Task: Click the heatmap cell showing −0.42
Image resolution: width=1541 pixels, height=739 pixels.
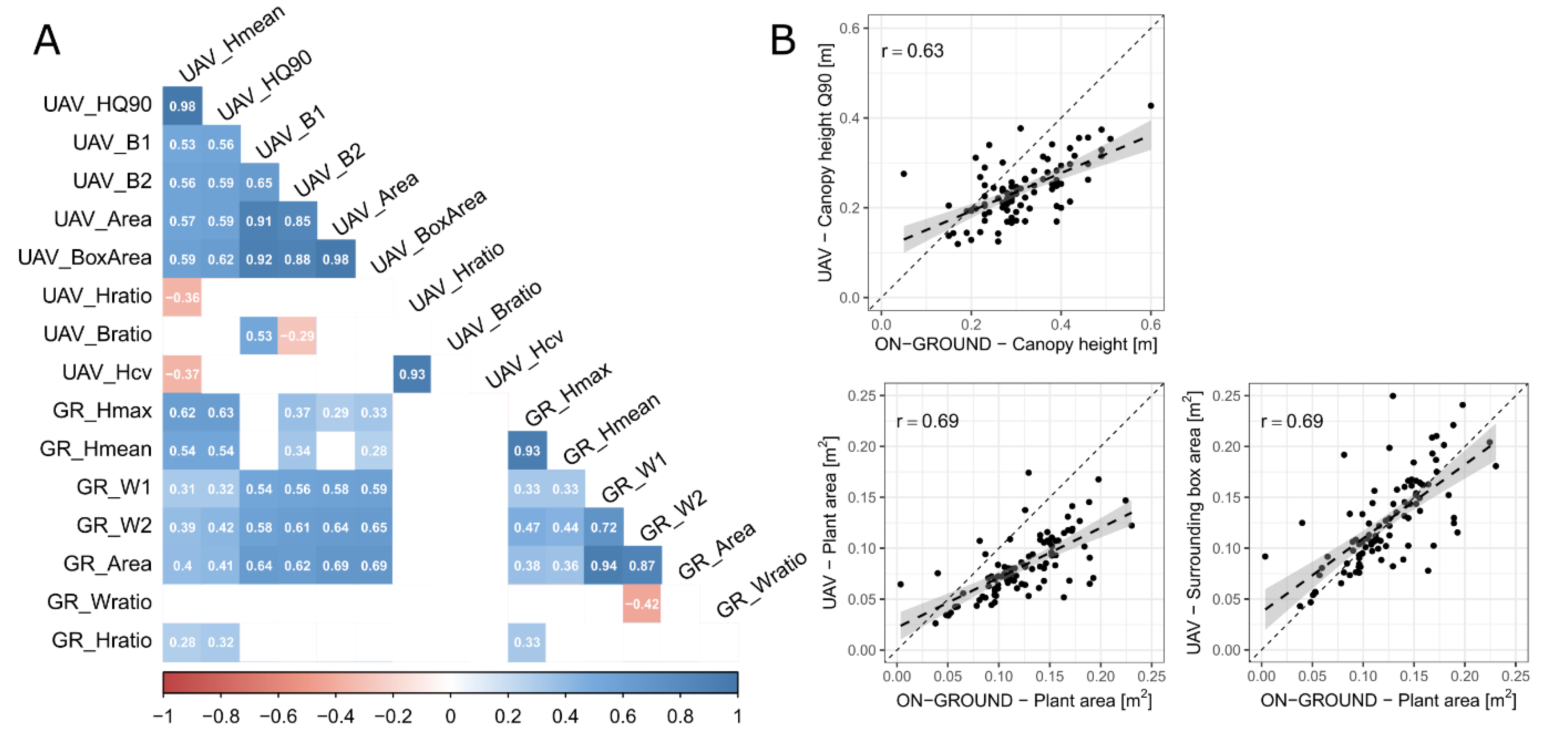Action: click(642, 604)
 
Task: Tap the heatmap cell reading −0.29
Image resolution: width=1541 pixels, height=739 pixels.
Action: click(297, 336)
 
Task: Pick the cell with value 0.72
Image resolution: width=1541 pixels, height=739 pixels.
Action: click(604, 527)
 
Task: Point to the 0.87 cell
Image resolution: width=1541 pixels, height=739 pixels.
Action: click(642, 566)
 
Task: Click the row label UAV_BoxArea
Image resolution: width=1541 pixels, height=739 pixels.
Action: click(85, 258)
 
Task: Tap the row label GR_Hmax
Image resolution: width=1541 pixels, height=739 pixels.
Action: click(102, 411)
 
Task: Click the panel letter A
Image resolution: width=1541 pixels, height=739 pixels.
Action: click(47, 41)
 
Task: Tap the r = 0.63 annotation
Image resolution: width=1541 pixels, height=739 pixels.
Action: click(912, 51)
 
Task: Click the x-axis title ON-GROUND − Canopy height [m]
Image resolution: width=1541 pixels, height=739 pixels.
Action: click(1016, 345)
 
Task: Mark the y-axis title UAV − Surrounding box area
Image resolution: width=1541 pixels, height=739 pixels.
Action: click(1193, 523)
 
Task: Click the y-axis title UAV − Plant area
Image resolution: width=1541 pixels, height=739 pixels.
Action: click(829, 523)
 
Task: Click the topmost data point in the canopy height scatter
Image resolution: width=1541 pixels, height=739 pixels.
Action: click(1150, 106)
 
